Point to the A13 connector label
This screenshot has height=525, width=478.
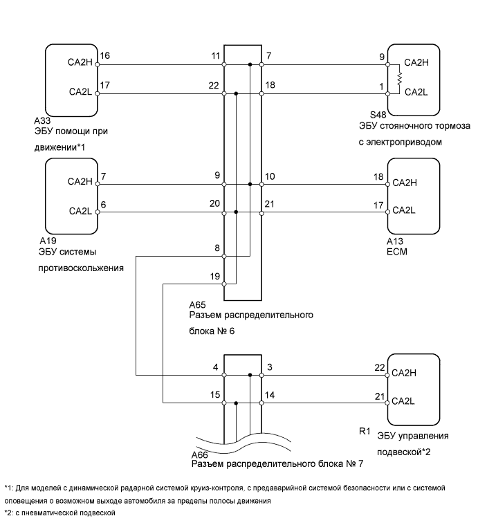(396, 241)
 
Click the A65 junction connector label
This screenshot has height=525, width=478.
(197, 304)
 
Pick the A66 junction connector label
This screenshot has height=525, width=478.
(201, 457)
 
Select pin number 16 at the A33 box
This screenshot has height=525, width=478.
(104, 55)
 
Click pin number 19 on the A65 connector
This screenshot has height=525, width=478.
(216, 276)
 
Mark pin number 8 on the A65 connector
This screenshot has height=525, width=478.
(217, 248)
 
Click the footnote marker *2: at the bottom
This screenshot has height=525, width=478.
(10, 513)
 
